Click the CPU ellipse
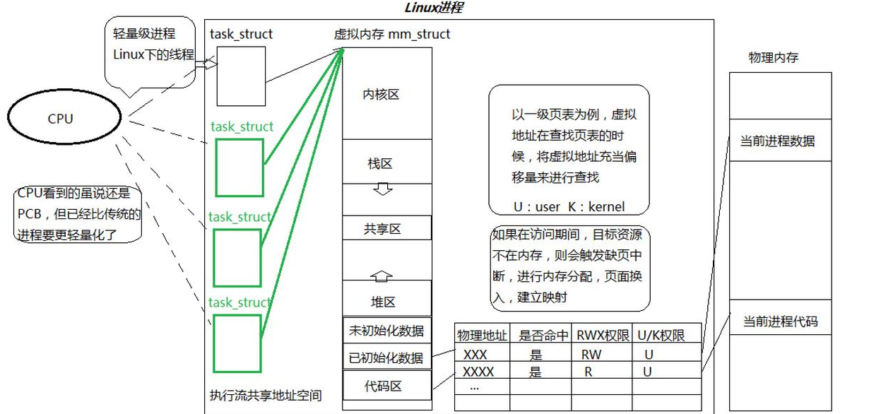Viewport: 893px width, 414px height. point(60,119)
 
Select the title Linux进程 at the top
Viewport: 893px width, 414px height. point(434,8)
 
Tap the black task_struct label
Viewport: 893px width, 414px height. point(241,34)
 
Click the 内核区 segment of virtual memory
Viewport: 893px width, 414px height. point(382,95)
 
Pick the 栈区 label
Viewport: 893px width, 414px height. point(380,164)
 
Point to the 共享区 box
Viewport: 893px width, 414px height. point(382,229)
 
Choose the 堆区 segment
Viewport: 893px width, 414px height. point(383,302)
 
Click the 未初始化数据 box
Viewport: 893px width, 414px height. point(386,330)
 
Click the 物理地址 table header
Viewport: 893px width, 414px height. point(483,335)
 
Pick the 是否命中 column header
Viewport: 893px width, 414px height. point(543,335)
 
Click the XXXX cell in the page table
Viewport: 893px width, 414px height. point(478,372)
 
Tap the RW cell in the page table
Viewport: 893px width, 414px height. point(591,355)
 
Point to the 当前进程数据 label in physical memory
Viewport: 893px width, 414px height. point(777,141)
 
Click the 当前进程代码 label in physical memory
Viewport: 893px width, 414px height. point(780,322)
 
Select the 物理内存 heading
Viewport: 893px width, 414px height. point(773,58)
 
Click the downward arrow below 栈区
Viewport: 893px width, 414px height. point(382,189)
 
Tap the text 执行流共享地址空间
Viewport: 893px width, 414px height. point(266,396)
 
